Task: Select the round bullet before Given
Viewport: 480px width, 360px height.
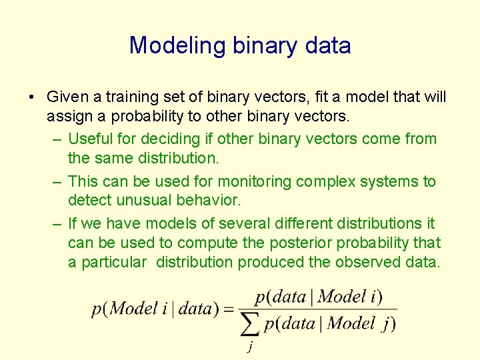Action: [x=33, y=97]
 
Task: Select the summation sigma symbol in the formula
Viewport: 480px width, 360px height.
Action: [x=250, y=324]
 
